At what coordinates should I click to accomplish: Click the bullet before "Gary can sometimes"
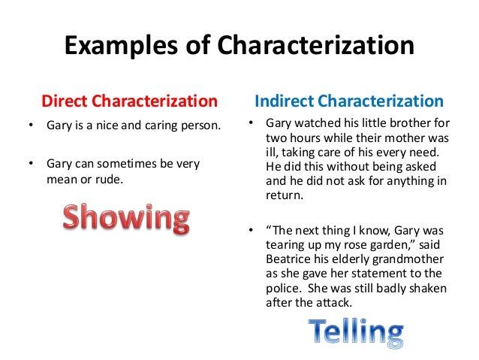[31, 162]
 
